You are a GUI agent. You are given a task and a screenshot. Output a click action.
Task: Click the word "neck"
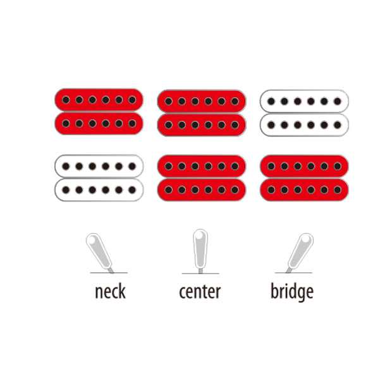[x=110, y=291]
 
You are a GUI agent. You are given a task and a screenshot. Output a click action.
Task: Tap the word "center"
[x=200, y=292]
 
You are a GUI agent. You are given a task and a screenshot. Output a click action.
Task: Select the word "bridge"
[x=292, y=291]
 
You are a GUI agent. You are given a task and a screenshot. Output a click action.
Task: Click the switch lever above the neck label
[x=99, y=252]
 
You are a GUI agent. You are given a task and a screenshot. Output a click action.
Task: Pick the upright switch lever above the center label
[x=200, y=251]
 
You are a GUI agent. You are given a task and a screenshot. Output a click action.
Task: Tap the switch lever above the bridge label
[x=300, y=252]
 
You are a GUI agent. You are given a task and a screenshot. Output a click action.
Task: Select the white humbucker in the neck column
[x=99, y=178]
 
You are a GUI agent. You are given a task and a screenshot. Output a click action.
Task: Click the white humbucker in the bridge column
[x=304, y=113]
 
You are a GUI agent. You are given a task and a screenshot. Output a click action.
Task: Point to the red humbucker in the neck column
[x=99, y=112]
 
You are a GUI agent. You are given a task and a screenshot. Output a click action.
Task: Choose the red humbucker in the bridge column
[x=304, y=178]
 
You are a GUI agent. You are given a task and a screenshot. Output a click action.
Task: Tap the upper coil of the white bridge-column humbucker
[x=304, y=101]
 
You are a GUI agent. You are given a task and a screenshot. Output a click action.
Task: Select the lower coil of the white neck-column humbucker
[x=99, y=190]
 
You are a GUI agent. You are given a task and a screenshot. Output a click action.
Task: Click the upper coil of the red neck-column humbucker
[x=99, y=100]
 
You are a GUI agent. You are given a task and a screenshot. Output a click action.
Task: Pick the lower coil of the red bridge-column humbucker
[x=304, y=190]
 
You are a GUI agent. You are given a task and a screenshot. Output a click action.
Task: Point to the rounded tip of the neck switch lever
[x=92, y=239]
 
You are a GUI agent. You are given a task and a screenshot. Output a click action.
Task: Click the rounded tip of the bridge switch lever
[x=307, y=239]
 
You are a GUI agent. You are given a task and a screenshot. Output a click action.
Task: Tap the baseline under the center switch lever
[x=200, y=274]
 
